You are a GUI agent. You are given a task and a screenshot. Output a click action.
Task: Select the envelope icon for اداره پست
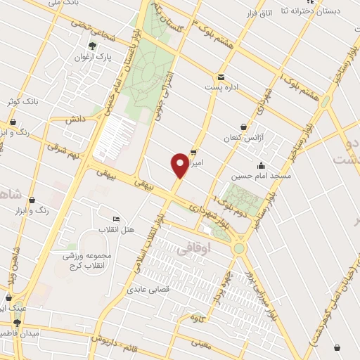[x=221, y=77]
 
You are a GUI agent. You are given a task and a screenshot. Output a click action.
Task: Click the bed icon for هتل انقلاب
[x=116, y=219]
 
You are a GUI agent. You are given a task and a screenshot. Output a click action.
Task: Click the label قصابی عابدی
[x=146, y=289]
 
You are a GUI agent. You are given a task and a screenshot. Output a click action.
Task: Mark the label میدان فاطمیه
[x=19, y=332]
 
